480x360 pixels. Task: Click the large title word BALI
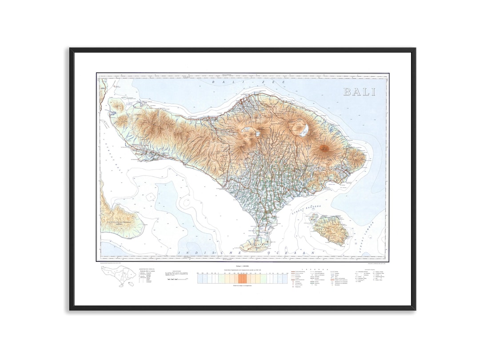click(x=359, y=92)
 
